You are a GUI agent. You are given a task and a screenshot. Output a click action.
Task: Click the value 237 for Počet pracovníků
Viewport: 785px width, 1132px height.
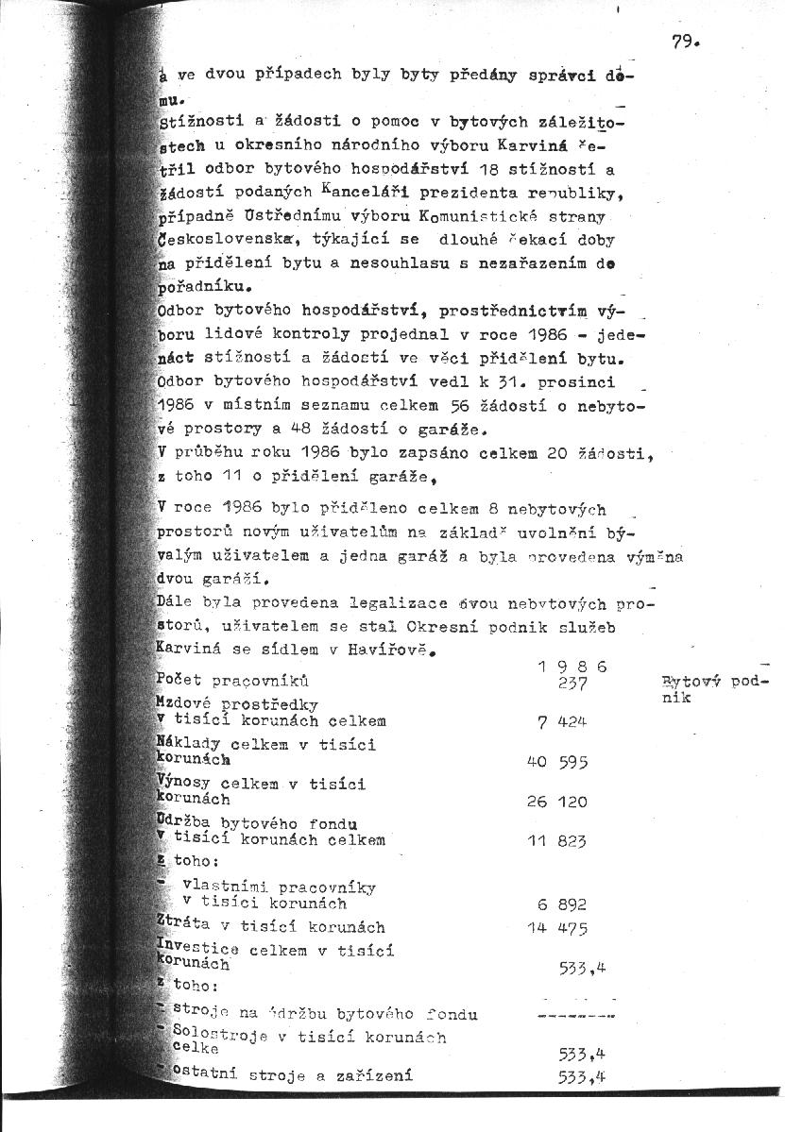pyautogui.click(x=573, y=684)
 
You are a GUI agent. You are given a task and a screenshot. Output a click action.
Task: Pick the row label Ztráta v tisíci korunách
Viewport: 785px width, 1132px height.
pyautogui.click(x=270, y=927)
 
